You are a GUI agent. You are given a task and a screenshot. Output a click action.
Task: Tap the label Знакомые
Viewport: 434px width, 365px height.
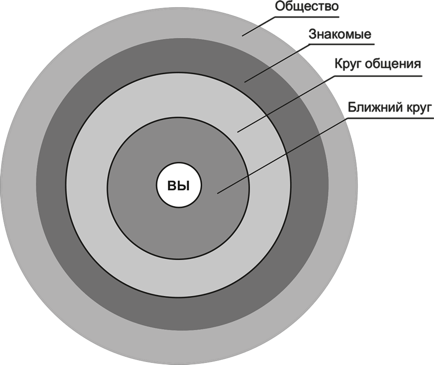coord(340,35)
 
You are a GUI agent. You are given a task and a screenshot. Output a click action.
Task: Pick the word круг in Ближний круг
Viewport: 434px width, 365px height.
coord(419,108)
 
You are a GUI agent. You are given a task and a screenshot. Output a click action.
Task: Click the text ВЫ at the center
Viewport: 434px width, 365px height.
coord(178,186)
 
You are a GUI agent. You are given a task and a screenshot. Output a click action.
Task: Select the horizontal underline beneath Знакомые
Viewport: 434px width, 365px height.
coord(342,45)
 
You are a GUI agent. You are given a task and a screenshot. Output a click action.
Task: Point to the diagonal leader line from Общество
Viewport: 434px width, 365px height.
coord(259,26)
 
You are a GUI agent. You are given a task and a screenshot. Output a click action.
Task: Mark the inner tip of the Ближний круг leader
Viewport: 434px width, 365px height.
coord(217,193)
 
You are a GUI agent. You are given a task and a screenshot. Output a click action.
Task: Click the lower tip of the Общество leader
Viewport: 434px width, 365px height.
coord(243,35)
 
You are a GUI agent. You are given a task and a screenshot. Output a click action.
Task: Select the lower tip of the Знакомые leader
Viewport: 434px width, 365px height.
coord(245,82)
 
